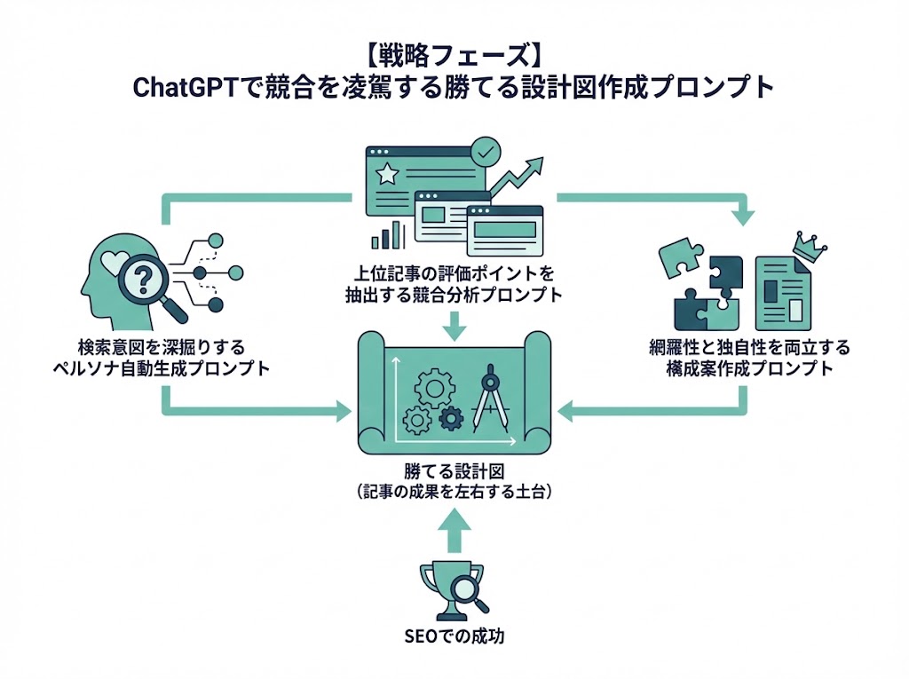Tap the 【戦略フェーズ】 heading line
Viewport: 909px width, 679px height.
tap(454, 55)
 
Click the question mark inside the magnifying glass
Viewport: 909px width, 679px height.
tap(143, 280)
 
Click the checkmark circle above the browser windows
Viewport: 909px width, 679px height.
tap(485, 152)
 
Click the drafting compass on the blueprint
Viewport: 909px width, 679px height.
tap(488, 396)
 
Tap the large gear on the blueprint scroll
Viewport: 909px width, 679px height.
tap(434, 385)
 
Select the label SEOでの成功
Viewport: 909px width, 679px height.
tap(454, 636)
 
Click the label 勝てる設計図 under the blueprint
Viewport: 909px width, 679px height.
tap(454, 471)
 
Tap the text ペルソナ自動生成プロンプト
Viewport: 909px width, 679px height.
tap(160, 368)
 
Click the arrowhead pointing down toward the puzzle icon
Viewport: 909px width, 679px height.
tap(744, 216)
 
